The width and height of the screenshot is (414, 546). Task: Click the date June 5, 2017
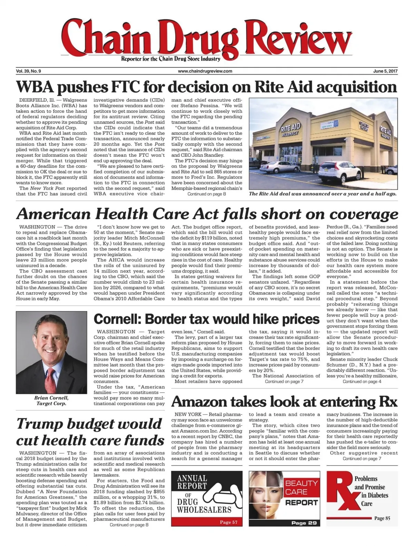(385, 71)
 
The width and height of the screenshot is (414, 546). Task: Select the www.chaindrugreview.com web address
(205, 71)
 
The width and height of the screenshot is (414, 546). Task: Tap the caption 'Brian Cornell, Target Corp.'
(51, 400)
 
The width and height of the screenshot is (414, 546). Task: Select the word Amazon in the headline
(199, 402)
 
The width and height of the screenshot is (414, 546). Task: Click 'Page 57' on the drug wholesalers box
(228, 522)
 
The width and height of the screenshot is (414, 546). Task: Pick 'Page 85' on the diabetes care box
(382, 518)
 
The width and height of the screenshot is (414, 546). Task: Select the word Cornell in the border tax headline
(116, 318)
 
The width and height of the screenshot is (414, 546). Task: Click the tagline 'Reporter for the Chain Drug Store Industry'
(170, 59)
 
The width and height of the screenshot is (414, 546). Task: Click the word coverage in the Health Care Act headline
(364, 214)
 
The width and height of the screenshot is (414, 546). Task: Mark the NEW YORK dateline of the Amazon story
(188, 414)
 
